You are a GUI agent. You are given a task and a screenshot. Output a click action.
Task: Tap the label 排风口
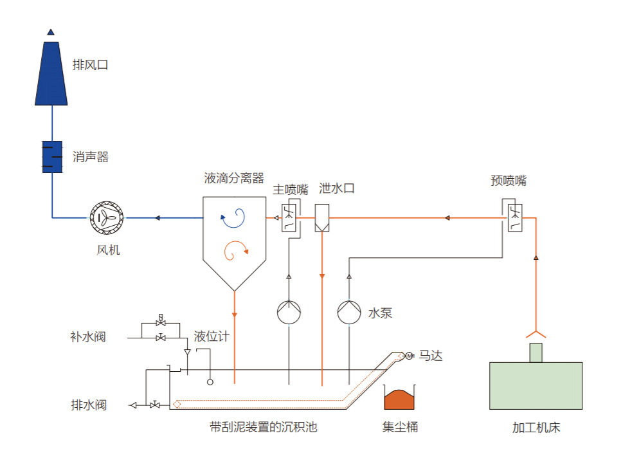(x=90, y=64)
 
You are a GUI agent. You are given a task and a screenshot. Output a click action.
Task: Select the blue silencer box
(x=51, y=156)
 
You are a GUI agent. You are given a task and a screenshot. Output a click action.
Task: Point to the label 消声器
(x=91, y=157)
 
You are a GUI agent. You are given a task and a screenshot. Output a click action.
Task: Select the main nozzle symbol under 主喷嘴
(x=289, y=218)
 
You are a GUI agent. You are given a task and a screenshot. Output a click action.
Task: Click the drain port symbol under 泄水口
(x=322, y=218)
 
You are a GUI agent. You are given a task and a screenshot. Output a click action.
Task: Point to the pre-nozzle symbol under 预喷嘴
(x=514, y=217)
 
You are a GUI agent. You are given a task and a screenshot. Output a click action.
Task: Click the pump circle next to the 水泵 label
(x=349, y=313)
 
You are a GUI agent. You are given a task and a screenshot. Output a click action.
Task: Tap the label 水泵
(x=380, y=313)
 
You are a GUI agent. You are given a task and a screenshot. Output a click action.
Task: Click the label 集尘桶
(x=401, y=427)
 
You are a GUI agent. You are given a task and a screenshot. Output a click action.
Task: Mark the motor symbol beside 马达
(x=409, y=356)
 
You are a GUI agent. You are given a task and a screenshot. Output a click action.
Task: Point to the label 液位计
(x=212, y=336)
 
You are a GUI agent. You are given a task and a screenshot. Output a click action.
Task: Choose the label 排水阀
(x=89, y=405)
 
